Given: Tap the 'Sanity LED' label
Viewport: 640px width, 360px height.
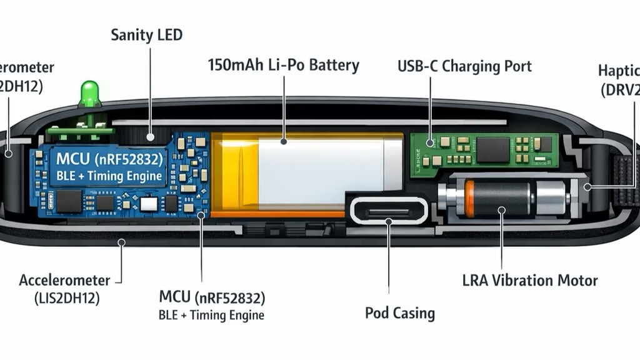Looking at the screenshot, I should [x=147, y=35].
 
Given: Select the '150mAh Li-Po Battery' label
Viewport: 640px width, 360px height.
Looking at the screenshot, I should [x=283, y=65].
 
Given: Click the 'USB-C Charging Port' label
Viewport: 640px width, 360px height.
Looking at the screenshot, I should [x=464, y=66].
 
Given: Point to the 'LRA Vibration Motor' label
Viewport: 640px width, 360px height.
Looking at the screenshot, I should [x=530, y=280].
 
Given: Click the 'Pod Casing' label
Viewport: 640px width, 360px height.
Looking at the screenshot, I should [x=400, y=312].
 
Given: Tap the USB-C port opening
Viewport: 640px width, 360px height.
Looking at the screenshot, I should [x=388, y=211].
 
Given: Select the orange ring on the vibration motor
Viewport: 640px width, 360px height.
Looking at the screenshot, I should [x=469, y=199].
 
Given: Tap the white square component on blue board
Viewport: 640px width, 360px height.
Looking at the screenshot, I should [x=148, y=204].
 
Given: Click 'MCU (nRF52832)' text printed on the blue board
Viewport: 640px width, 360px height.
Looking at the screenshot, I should [x=110, y=157].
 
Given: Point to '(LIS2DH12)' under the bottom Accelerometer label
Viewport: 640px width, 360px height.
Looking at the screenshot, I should [x=66, y=298].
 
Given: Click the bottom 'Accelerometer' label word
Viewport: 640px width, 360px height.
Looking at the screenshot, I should [x=64, y=280].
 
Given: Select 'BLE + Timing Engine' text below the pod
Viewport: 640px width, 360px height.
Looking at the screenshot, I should [x=211, y=315].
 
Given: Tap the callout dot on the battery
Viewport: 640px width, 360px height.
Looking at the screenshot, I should [x=283, y=142].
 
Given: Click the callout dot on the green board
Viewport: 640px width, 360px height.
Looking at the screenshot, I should [x=430, y=143].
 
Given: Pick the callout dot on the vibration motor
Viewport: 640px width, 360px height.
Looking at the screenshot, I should [x=501, y=211].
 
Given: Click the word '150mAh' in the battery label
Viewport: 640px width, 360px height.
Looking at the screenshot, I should [x=236, y=65].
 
